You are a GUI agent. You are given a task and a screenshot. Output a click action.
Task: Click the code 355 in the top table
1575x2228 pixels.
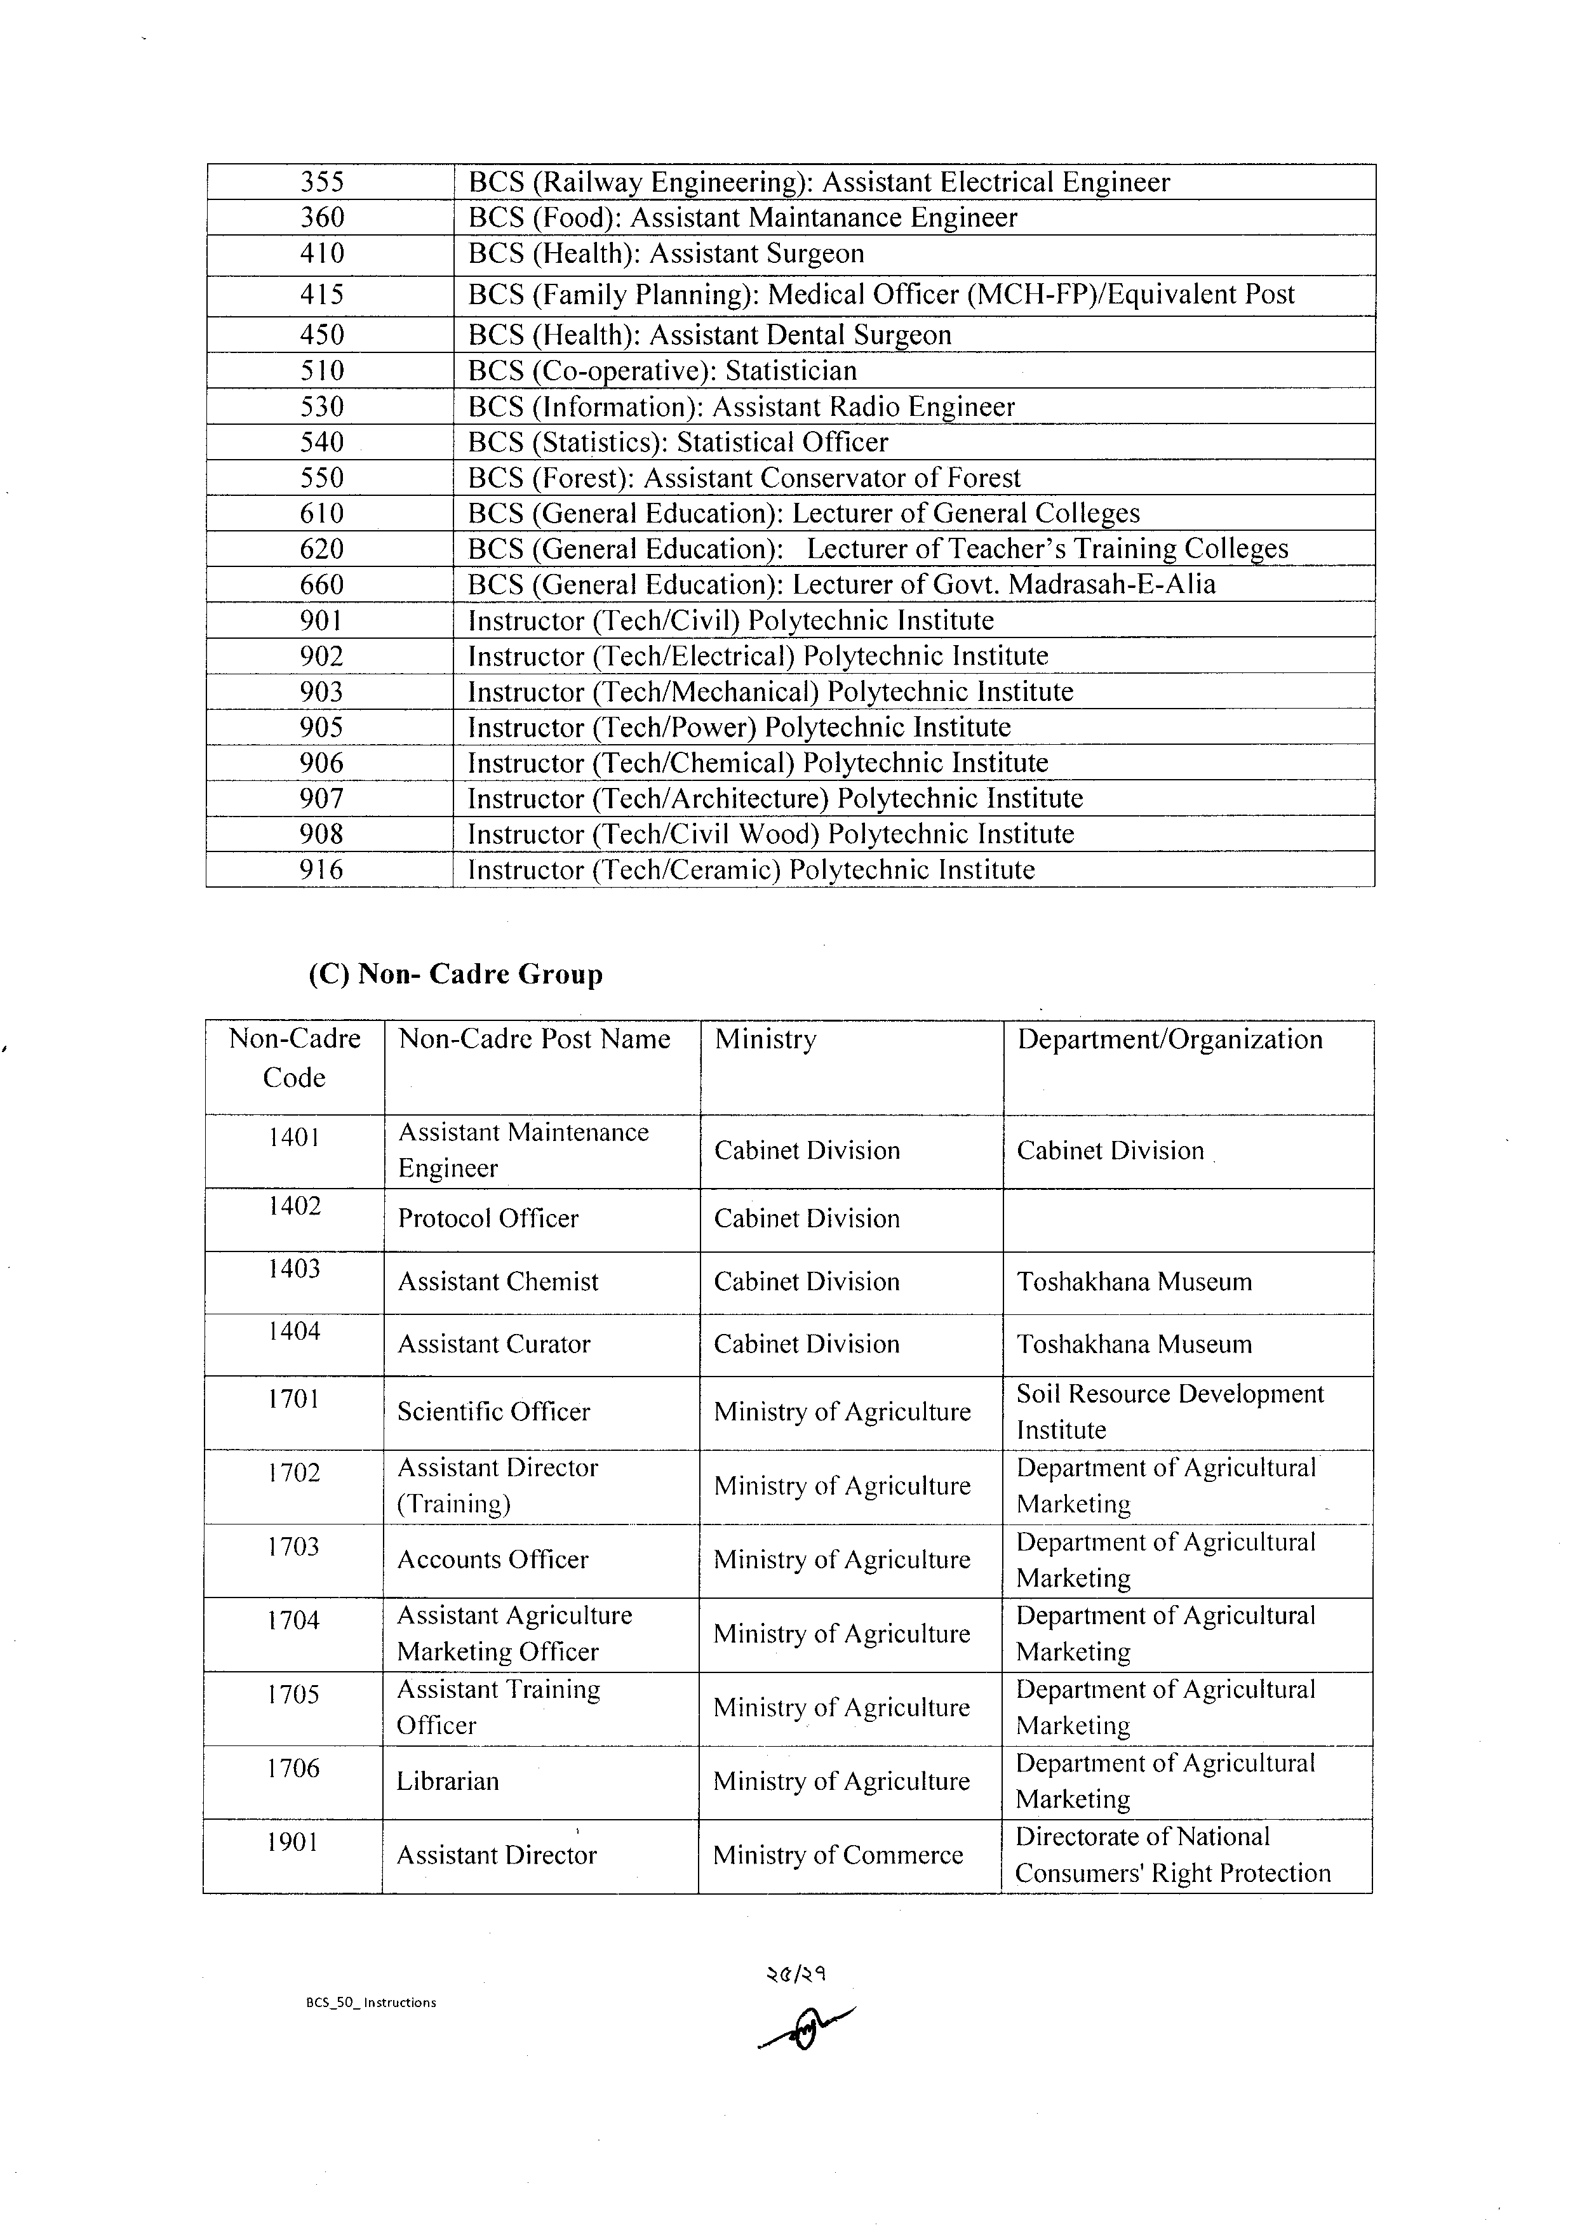point(321,182)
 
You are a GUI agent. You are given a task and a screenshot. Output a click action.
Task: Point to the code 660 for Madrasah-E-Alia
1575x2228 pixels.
point(321,584)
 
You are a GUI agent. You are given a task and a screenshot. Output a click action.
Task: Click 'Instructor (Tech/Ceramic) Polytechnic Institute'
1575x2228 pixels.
point(751,869)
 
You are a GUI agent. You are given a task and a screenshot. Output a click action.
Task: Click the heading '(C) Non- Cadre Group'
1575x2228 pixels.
point(455,973)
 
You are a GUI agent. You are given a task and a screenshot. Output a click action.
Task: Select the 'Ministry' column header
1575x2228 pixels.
point(766,1039)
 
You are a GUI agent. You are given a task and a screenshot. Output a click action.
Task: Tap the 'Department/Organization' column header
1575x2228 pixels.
point(1169,1039)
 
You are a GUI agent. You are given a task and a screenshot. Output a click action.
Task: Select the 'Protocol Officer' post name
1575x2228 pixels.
point(488,1219)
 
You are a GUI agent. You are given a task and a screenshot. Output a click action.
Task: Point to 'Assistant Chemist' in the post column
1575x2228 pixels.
point(498,1282)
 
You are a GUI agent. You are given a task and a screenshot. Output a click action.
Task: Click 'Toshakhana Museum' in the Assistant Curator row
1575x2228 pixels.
point(1134,1344)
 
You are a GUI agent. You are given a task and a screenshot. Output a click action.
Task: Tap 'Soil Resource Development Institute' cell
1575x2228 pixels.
point(1169,1412)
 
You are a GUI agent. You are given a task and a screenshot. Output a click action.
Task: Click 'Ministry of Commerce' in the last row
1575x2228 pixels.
point(838,1855)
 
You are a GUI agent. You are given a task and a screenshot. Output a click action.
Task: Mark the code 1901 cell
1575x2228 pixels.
point(293,1842)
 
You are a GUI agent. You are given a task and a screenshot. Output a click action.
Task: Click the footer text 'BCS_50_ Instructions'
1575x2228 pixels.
point(371,2002)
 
